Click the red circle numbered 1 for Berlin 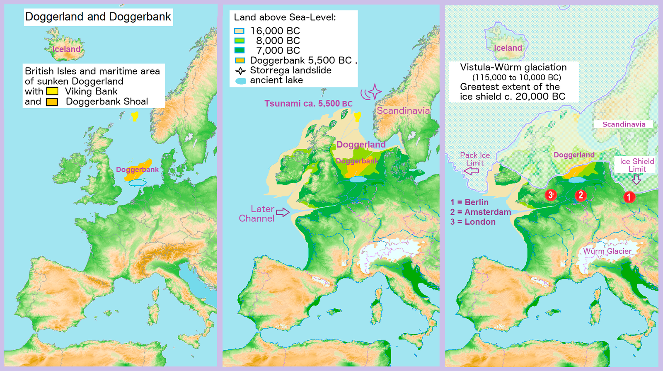(629, 197)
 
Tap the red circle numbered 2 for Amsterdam (581, 195)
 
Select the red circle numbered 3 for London (550, 194)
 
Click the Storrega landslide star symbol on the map (374, 92)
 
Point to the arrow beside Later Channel (283, 213)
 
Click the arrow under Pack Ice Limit (471, 171)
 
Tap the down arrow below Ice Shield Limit (636, 179)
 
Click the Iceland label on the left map (66, 49)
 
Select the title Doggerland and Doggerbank (98, 17)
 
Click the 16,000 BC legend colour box (239, 31)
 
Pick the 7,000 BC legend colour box (239, 51)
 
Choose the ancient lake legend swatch (240, 81)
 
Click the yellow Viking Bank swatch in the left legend (52, 91)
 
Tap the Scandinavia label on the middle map (403, 111)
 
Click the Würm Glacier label (607, 251)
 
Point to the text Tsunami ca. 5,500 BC (308, 103)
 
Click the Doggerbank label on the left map (137, 170)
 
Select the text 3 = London (473, 222)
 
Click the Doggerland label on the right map (574, 155)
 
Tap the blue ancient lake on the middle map (358, 179)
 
